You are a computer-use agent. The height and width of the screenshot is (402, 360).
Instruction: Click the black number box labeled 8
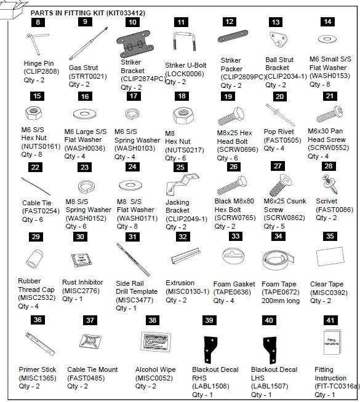click(38, 22)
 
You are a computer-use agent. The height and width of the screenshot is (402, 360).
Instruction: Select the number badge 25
click(180, 167)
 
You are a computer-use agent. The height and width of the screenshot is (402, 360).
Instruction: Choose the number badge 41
click(330, 320)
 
